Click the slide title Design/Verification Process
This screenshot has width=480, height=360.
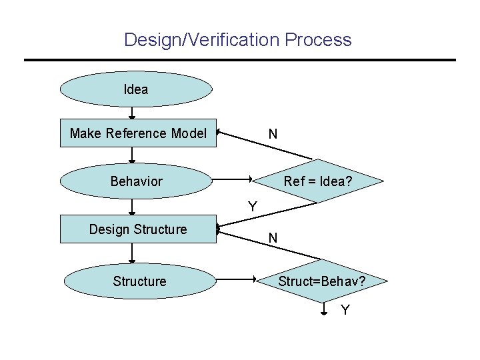(237, 40)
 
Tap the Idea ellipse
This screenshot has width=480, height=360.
(136, 89)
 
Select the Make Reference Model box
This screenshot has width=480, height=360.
(138, 133)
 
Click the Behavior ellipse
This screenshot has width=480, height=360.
(136, 181)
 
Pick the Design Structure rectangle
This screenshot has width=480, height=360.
(138, 229)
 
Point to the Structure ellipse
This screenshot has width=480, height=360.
(139, 281)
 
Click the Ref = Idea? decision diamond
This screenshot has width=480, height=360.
(318, 181)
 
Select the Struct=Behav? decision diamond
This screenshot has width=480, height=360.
(321, 281)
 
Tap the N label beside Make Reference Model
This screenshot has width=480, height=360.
(273, 135)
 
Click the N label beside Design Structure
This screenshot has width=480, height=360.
(273, 237)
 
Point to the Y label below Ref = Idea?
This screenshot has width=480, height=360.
(253, 207)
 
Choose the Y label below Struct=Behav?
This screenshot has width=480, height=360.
(345, 310)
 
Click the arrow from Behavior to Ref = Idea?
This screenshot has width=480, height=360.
(231, 179)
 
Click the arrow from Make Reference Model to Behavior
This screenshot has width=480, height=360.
(132, 155)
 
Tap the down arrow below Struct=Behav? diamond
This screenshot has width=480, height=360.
(323, 307)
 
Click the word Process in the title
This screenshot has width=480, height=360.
(318, 40)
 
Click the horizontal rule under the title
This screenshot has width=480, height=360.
(240, 60)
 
